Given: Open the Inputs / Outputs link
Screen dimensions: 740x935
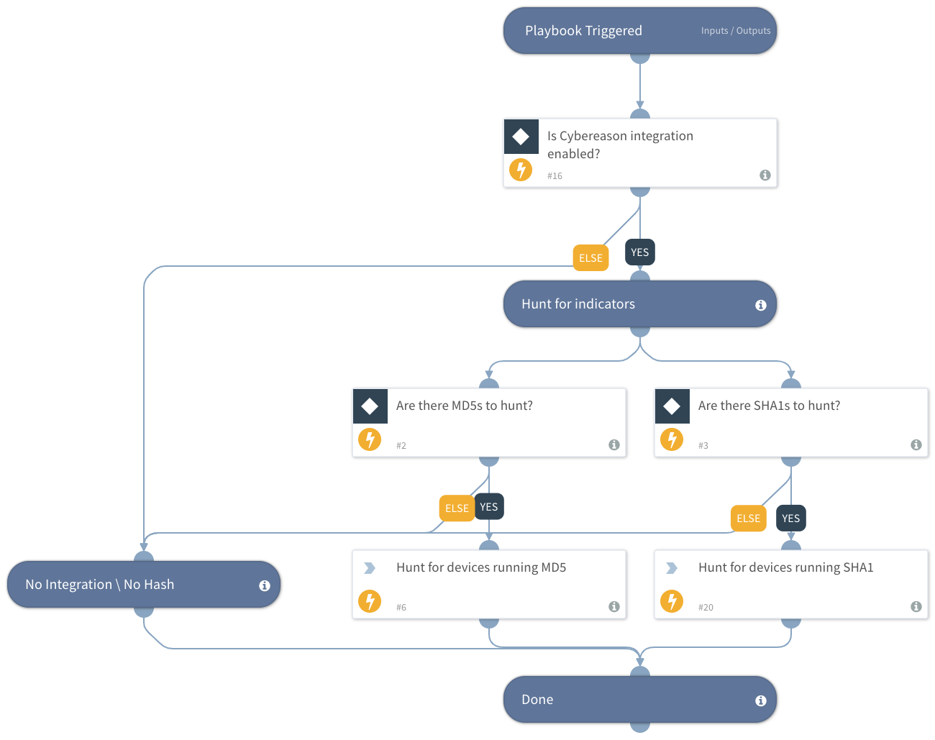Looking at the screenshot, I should pos(735,31).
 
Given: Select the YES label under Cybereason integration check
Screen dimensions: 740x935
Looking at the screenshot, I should pos(639,252).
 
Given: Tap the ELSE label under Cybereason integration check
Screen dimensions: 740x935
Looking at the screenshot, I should pos(590,258).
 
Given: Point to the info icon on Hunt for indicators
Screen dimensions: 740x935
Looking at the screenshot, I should pos(760,305).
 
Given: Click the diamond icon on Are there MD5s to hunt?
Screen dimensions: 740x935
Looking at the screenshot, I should pos(370,406).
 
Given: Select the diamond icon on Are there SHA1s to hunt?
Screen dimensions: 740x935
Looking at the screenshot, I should pos(672,406).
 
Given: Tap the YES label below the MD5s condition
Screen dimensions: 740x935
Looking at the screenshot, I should pos(489,507).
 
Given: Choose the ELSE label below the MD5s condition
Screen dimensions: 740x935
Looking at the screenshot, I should pos(457,508).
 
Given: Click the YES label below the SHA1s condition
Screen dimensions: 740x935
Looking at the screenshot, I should pos(790,519).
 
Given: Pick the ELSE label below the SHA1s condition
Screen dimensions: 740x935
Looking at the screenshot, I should pos(748,519).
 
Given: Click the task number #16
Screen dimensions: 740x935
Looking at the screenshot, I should pos(555,176).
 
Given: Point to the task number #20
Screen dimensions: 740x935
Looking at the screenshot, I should pos(706,608).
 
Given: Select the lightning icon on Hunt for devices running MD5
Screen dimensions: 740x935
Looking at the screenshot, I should pos(370,600).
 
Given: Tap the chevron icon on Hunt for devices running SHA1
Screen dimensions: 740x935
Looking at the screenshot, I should pos(672,568).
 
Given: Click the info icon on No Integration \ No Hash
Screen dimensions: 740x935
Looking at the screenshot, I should pos(264,585).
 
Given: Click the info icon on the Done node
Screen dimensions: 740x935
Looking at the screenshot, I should pos(760,700).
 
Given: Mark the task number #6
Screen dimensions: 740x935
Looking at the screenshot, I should pos(401,608).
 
